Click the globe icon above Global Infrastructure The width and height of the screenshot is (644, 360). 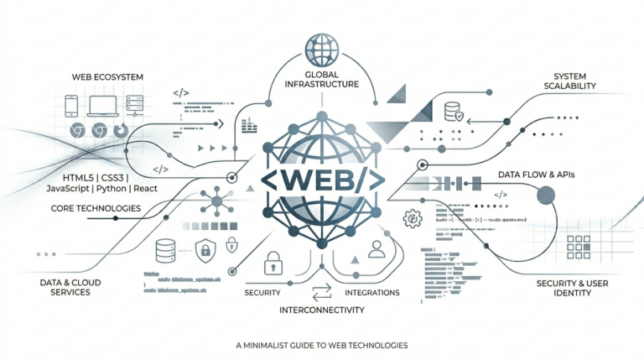click(322, 47)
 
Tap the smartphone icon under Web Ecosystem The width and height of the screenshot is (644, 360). click(71, 104)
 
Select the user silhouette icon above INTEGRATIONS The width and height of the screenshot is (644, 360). click(377, 248)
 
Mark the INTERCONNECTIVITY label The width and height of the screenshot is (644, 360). click(322, 310)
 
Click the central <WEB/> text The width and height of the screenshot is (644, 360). click(322, 180)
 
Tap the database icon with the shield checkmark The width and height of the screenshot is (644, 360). click(452, 111)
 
